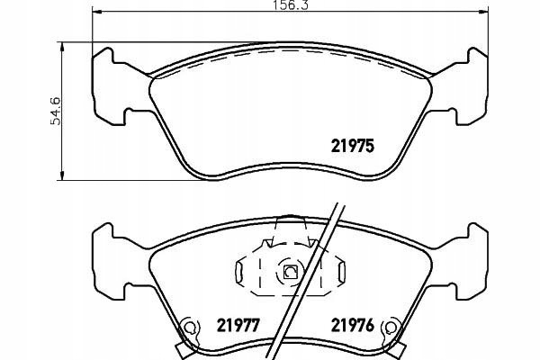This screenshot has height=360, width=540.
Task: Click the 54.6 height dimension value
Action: click(56, 111)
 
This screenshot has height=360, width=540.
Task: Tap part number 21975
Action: click(352, 146)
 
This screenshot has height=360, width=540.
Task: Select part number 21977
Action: click(238, 325)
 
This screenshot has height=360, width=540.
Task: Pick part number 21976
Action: click(352, 325)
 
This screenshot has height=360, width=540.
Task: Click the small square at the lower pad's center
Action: click(289, 272)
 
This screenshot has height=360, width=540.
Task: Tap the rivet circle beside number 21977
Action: click(188, 327)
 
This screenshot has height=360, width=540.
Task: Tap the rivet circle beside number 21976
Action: click(391, 327)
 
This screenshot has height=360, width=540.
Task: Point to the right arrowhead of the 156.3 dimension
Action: click(483, 13)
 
